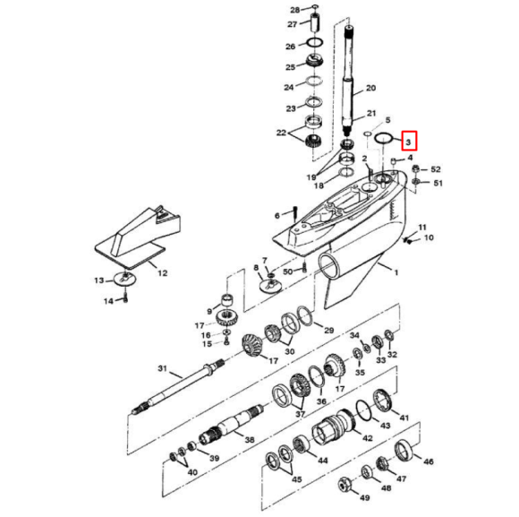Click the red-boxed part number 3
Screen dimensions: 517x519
click(408, 142)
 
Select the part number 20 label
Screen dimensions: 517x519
click(370, 88)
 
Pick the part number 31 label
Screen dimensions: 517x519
click(162, 369)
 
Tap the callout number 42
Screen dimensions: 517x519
click(367, 437)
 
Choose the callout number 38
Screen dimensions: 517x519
click(249, 440)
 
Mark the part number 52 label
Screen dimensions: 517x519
click(436, 169)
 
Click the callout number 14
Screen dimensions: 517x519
click(107, 302)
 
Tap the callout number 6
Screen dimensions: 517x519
click(278, 214)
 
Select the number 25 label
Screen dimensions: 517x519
click(290, 67)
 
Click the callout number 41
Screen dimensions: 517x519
click(404, 418)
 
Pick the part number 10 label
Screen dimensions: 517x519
click(428, 237)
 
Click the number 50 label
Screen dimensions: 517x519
click(287, 271)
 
